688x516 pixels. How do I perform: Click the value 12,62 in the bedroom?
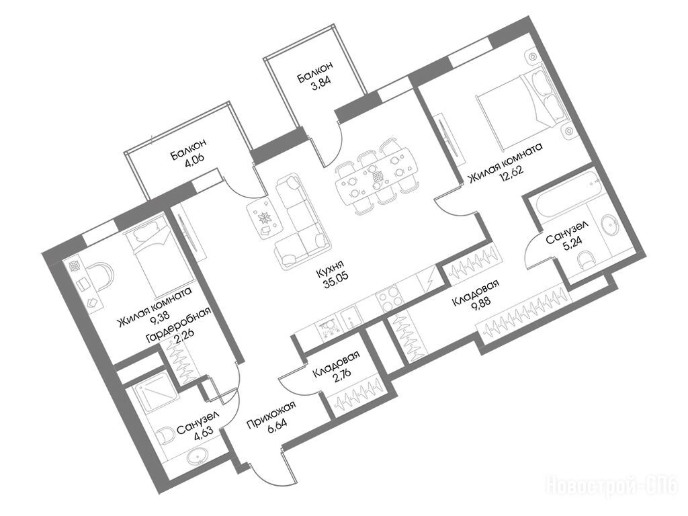click(511, 172)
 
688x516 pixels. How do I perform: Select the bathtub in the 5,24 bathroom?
click(564, 193)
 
